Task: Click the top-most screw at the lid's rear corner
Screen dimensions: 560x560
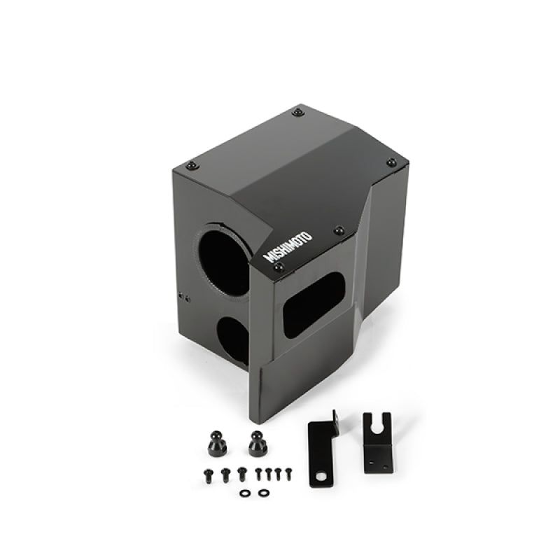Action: point(299,112)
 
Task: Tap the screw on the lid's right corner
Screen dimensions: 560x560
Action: point(391,162)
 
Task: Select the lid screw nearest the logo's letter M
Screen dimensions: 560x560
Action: point(279,267)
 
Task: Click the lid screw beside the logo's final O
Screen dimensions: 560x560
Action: point(339,230)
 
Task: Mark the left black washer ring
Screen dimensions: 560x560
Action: point(244,493)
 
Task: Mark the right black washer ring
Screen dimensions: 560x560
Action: point(262,493)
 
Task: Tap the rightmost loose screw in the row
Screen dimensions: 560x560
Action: point(286,473)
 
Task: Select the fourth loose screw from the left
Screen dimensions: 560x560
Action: point(258,473)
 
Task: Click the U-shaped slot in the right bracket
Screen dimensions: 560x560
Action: point(377,426)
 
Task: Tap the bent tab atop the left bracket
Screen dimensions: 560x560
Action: point(334,419)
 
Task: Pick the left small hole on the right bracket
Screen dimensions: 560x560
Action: point(370,460)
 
